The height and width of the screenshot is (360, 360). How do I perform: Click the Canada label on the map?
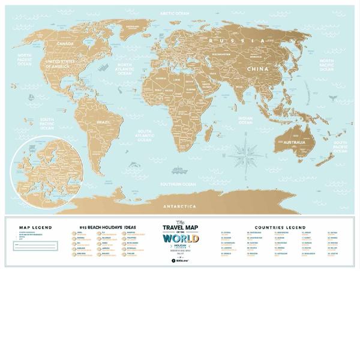click(65, 44)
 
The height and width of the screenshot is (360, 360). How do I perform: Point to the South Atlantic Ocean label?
click(145, 136)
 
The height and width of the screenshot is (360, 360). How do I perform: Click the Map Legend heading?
click(35, 227)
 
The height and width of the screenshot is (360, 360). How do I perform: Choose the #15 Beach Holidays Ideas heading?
click(107, 227)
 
